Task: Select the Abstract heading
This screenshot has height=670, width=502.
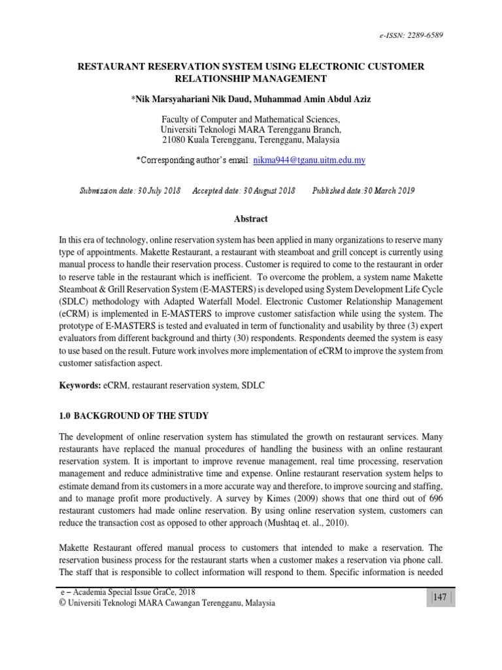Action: pyautogui.click(x=251, y=219)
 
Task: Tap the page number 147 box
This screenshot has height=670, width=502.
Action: pyautogui.click(x=440, y=598)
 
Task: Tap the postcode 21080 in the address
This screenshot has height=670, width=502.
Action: pyautogui.click(x=175, y=140)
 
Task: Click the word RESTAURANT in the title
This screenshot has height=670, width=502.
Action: pyautogui.click(x=113, y=67)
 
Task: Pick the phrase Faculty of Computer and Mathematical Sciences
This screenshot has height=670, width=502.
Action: pyautogui.click(x=250, y=120)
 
